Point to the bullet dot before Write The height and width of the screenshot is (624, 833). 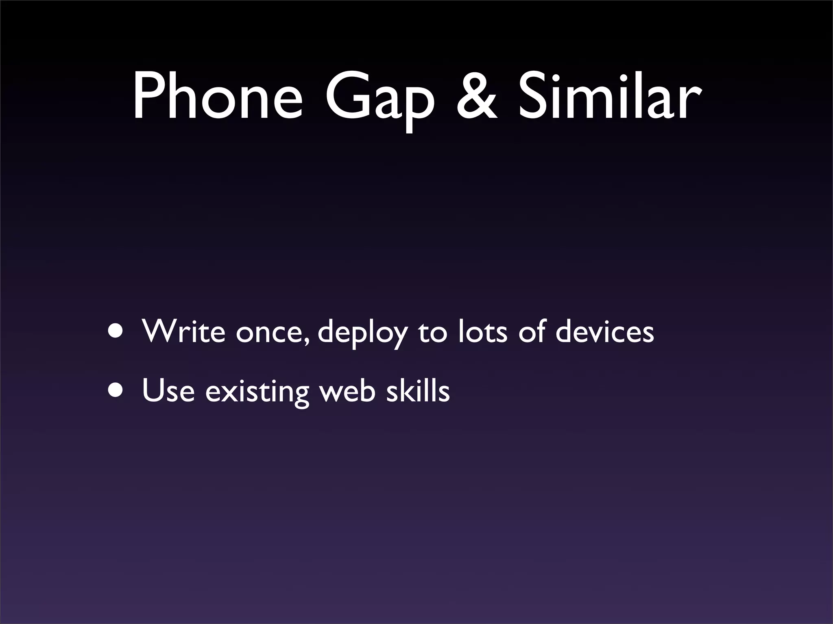pyautogui.click(x=118, y=331)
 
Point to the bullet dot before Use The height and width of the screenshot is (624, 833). pyautogui.click(x=118, y=390)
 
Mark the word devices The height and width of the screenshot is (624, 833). pyautogui.click(x=604, y=331)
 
